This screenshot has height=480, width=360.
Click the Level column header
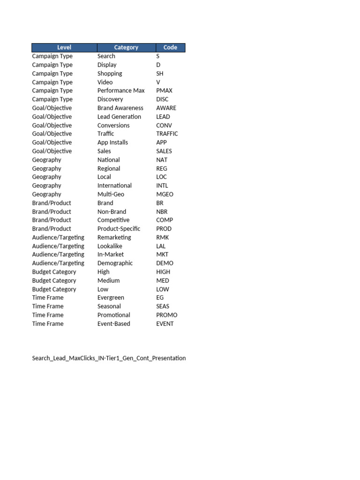pos(64,47)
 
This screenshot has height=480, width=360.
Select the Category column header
pos(126,47)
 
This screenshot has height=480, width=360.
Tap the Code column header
pos(170,47)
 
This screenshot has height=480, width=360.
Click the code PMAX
pos(165,90)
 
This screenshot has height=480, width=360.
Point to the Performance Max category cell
pos(121,90)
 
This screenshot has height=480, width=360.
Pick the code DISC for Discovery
pos(162,99)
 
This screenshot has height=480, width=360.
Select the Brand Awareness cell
pos(120,108)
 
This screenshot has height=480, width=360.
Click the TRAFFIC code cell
pos(167,134)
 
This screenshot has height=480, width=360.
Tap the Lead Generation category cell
pos(119,117)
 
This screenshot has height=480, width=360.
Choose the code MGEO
pos(165,194)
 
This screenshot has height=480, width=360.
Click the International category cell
pos(114,186)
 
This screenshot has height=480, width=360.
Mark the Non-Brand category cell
pos(112,211)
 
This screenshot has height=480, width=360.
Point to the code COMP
pos(165,220)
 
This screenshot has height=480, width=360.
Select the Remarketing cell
pos(114,237)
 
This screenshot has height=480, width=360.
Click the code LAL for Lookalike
pos(161,246)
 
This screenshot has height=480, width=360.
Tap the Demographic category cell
pos(115,263)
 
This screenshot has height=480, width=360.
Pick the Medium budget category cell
pos(108,280)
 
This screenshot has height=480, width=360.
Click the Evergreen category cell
pos(111,298)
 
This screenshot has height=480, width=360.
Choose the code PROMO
pos(167,315)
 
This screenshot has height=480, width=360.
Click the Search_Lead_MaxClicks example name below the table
pos(109,358)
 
